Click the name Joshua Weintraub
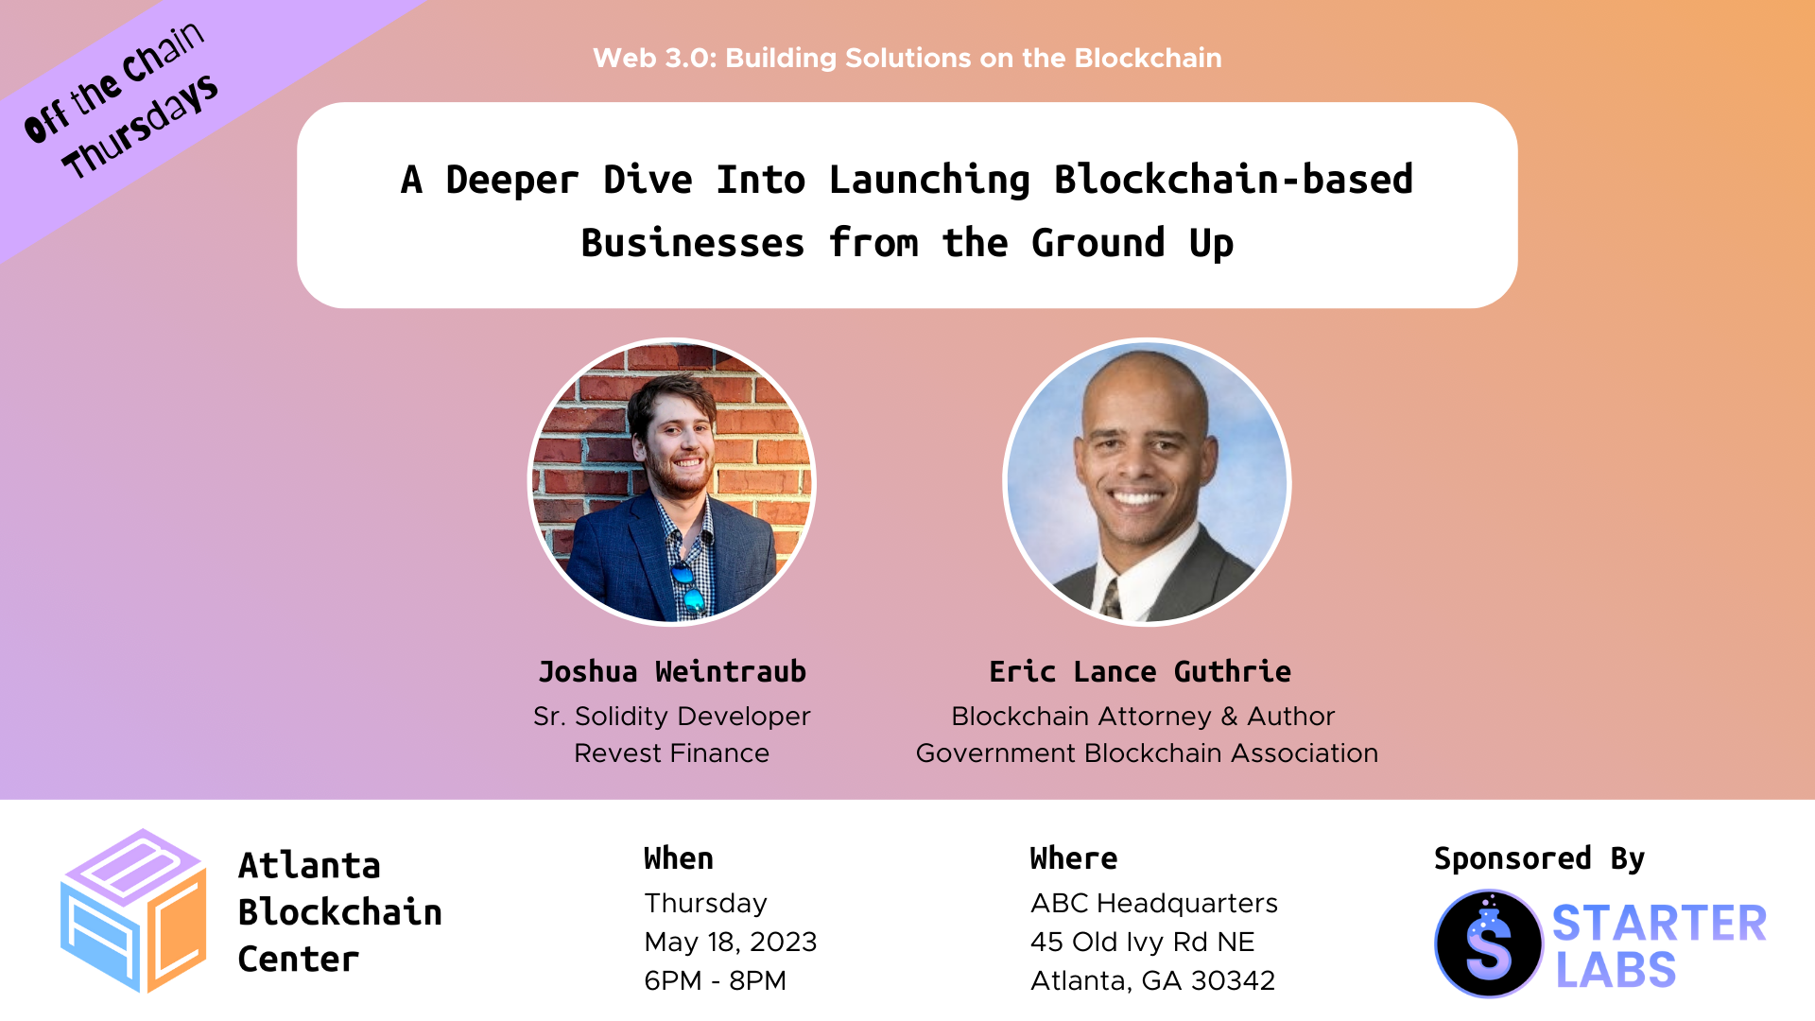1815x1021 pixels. coord(672,671)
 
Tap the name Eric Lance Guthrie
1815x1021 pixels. coord(1140,671)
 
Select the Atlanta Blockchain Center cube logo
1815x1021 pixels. coord(133,910)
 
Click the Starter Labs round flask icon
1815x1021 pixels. coord(1489,943)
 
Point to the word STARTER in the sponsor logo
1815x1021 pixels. coord(1659,924)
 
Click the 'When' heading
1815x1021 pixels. coord(679,858)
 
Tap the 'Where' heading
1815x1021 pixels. coord(1074,858)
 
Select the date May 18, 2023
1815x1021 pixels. coord(731,943)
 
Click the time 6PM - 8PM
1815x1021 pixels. coord(715,980)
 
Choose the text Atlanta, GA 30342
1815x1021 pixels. coord(1153,981)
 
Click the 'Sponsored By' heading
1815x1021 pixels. coord(1540,858)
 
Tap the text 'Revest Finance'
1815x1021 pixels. coord(672,753)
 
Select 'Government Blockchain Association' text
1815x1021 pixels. coord(1148,753)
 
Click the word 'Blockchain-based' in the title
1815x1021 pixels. coord(1234,180)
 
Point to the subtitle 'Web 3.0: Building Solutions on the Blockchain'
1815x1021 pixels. coord(907,58)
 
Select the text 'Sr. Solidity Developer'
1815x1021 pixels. coord(672,717)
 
